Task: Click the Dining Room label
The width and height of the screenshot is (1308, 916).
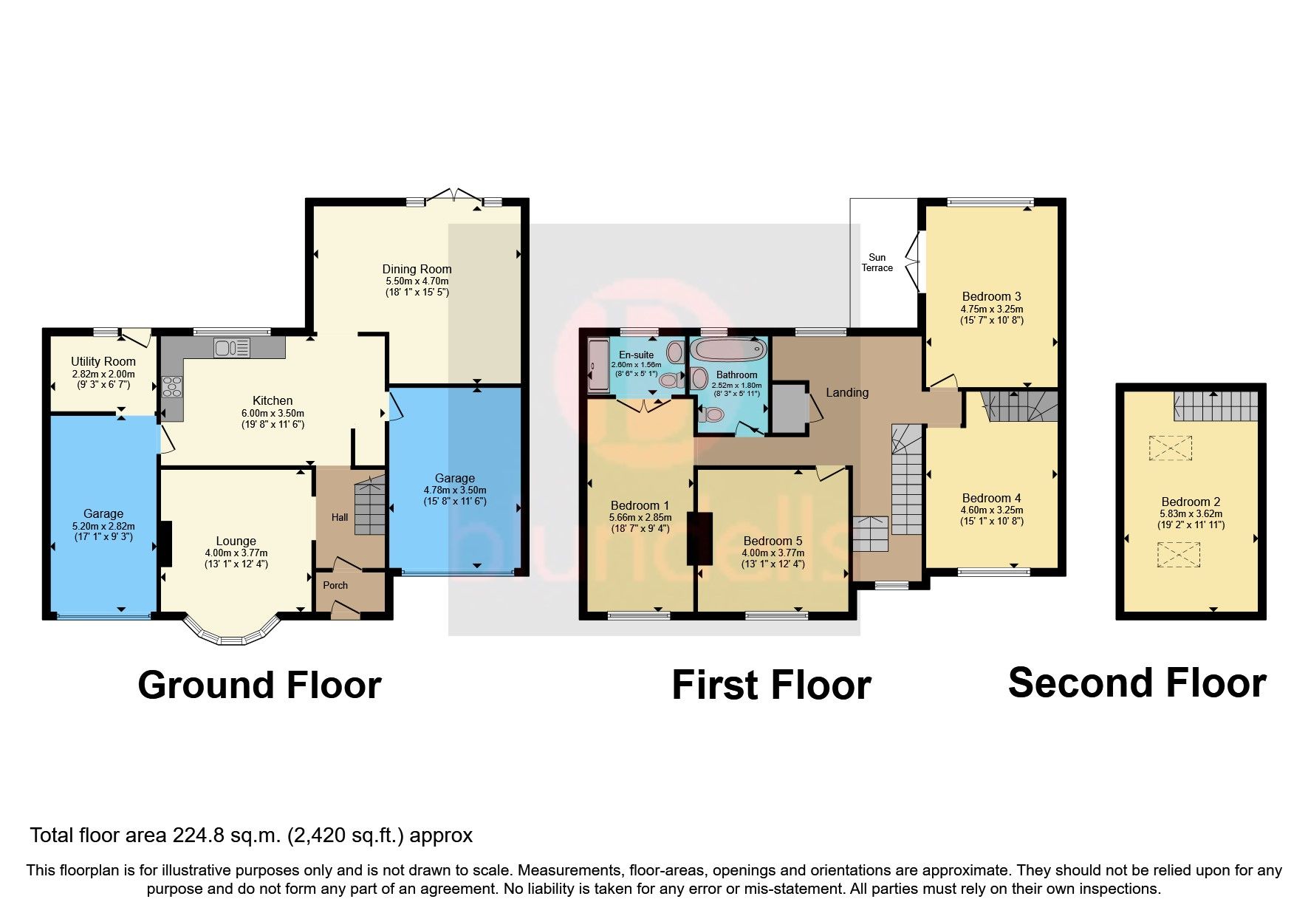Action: [x=417, y=269]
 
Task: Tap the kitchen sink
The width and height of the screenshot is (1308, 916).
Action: [x=232, y=346]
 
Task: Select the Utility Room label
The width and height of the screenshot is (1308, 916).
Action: [x=103, y=361]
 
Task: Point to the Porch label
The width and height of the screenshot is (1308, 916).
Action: [x=335, y=585]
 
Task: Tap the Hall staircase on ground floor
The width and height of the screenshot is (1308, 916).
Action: [x=370, y=507]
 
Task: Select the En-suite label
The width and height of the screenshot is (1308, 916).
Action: [x=636, y=355]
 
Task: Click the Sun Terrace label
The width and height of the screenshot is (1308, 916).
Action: [x=877, y=263]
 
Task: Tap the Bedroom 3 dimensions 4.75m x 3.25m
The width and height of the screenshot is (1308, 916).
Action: [x=992, y=309]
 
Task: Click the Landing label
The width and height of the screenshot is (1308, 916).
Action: [x=847, y=392]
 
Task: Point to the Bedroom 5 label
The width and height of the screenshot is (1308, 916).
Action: [x=773, y=541]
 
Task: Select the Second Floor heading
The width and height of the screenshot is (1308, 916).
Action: [x=1137, y=682]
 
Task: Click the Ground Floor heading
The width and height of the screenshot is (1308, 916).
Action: [x=259, y=685]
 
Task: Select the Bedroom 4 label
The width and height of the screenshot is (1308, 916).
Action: [x=992, y=498]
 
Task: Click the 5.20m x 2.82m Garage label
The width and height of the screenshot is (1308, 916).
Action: [x=103, y=525]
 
